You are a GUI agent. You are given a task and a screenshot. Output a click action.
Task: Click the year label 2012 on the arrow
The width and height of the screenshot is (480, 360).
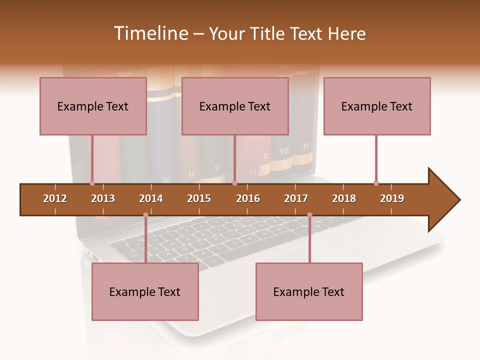point(55,198)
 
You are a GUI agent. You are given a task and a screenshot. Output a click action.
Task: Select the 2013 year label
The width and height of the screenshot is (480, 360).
point(103,198)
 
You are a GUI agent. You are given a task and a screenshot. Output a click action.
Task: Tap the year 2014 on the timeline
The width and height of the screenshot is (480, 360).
point(151,198)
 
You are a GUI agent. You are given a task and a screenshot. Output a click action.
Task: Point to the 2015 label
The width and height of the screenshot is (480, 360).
point(199,198)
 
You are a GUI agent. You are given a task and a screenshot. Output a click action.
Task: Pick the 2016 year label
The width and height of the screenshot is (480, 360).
point(248,198)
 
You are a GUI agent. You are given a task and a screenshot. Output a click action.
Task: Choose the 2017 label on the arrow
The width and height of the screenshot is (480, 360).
point(296,198)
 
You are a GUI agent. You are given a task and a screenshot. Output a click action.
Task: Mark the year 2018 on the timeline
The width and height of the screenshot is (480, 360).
point(344,198)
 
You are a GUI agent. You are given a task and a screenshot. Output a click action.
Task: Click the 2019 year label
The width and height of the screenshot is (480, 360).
point(392,198)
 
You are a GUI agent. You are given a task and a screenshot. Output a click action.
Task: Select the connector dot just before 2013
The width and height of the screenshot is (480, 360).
point(92,183)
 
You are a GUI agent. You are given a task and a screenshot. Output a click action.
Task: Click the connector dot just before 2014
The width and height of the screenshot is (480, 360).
point(145,215)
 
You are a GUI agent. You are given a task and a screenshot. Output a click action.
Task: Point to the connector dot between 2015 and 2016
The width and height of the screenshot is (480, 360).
point(235,183)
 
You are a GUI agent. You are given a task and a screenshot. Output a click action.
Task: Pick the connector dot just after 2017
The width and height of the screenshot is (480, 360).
point(309,215)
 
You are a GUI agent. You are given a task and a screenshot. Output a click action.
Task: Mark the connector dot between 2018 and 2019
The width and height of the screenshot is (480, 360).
point(376,183)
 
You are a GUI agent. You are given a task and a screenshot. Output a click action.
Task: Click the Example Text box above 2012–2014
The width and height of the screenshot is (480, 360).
point(93,106)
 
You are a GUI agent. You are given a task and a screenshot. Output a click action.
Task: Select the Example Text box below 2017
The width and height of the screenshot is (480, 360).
point(309,291)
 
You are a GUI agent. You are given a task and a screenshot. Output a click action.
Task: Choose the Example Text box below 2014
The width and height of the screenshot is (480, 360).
point(145,291)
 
